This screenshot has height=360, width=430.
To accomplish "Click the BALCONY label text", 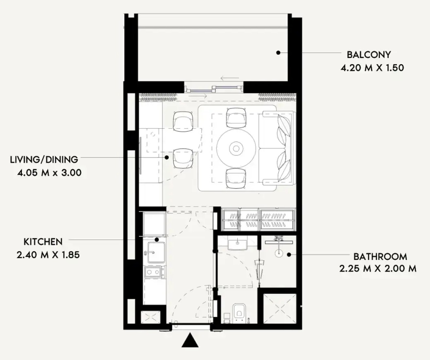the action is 369,55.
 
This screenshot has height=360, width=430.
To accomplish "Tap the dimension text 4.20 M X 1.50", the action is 372,68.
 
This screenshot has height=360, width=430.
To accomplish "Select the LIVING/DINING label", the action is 44,160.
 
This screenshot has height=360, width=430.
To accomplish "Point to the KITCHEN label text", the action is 43,242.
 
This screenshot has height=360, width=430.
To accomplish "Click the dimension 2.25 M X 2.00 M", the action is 378,269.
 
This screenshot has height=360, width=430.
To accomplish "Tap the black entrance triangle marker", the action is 190,343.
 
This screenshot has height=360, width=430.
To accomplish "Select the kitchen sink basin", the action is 156,252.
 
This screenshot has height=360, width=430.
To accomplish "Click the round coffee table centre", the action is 236,149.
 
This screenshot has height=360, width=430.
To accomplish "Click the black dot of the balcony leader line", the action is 278,53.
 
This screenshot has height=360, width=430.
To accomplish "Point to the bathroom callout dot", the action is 289,255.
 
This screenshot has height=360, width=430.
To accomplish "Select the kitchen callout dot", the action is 157,240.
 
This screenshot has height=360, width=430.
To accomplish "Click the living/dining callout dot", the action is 167,157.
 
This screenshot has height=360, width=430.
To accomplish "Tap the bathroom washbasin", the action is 237,245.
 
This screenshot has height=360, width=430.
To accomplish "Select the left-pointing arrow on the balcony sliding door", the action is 230,78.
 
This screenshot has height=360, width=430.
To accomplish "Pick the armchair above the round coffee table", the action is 236,118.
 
